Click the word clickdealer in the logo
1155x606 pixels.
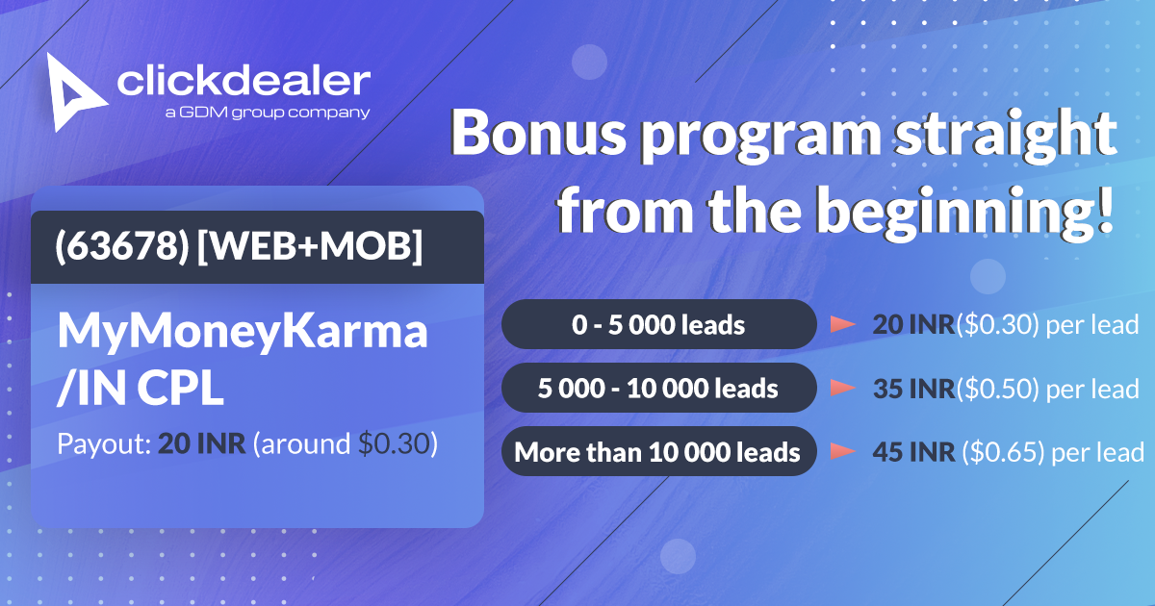point(244,81)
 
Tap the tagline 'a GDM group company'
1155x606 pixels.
point(268,113)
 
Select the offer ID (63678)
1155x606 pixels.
point(122,246)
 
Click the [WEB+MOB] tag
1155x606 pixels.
point(309,246)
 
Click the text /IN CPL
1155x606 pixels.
point(141,388)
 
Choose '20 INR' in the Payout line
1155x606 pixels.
point(201,443)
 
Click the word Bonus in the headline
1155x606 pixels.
point(539,133)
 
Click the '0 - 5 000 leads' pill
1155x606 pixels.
point(659,325)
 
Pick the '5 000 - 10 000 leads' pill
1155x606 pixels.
point(659,388)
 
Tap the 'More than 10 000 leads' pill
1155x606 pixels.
point(659,451)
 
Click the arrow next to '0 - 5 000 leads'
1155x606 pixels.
point(843,324)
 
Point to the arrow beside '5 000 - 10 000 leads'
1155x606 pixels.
point(843,388)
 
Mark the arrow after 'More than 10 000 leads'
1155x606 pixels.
point(843,451)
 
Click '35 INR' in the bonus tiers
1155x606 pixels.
point(913,389)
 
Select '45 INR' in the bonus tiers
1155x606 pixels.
point(913,452)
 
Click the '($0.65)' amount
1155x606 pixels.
point(1003,452)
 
